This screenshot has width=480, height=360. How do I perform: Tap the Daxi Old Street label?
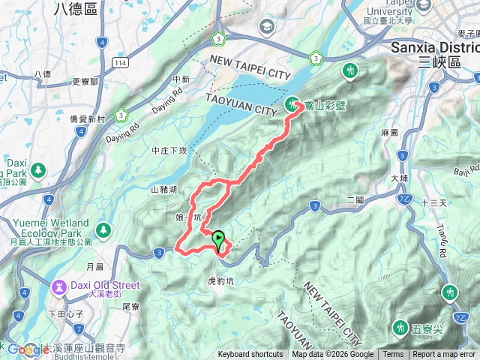[104, 285]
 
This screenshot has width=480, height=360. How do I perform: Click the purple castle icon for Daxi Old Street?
[58, 286]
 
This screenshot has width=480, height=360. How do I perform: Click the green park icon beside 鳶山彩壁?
[292, 104]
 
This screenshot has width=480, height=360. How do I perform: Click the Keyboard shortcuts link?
[251, 355]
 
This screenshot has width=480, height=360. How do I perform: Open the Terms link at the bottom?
[393, 355]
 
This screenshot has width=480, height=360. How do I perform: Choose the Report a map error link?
[445, 355]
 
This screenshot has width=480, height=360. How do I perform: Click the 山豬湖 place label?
[164, 190]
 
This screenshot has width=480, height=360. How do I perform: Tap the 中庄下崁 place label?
[169, 150]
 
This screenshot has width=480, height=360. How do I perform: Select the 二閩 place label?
[355, 199]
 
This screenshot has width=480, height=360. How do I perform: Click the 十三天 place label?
[433, 203]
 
